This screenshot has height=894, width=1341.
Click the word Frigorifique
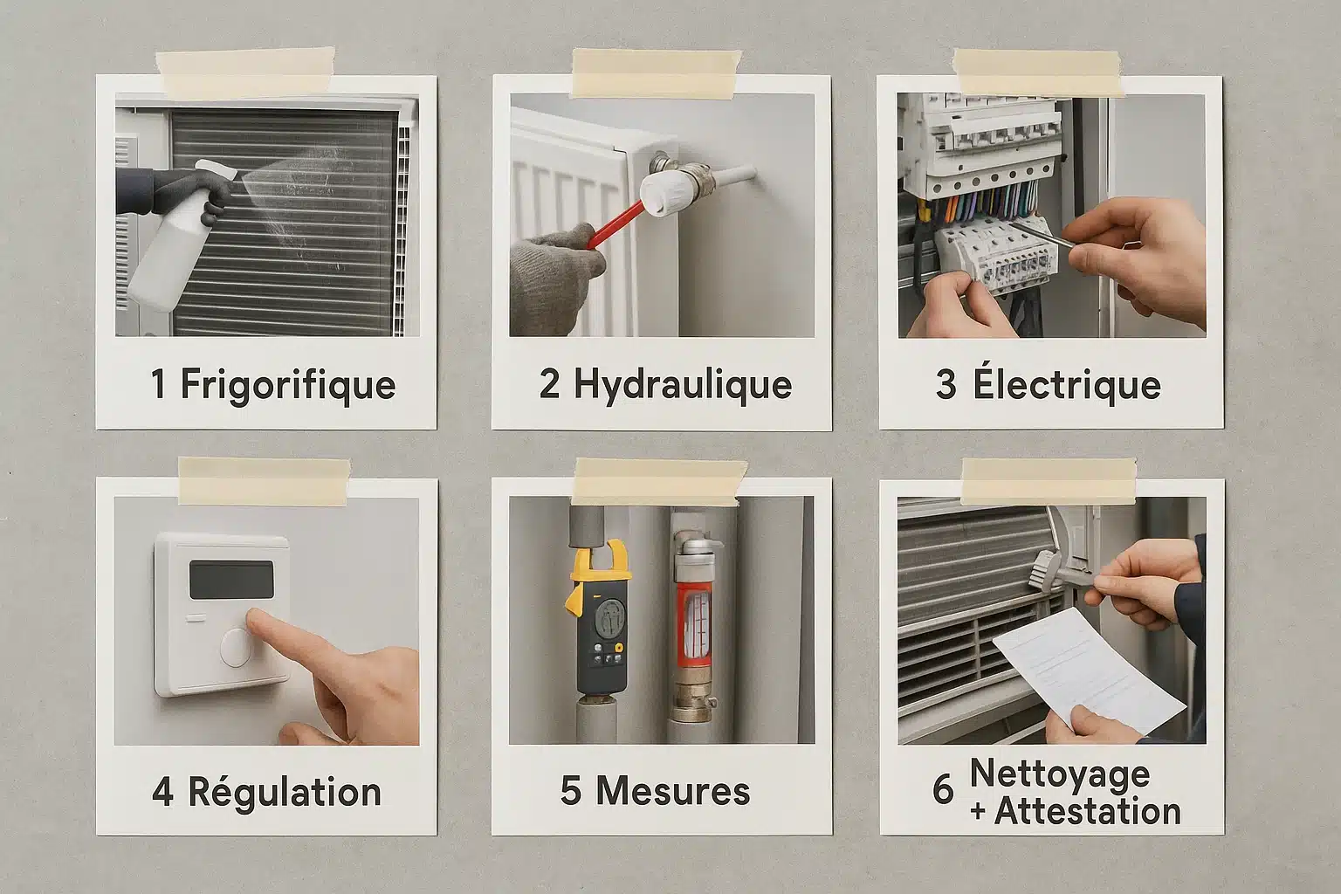coord(288,385)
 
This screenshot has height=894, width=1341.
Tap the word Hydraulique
coord(683,384)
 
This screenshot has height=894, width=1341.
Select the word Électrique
coord(1067,383)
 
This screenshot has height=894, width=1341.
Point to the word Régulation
coord(285,793)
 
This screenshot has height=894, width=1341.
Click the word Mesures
coord(673,791)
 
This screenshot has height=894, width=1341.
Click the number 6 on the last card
coord(943,789)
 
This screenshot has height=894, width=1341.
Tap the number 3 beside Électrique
coord(946,384)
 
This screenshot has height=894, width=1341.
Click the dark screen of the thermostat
coord(231,580)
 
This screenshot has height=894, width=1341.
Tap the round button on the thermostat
coord(236,648)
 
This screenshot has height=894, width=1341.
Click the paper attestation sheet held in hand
coord(1089,670)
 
